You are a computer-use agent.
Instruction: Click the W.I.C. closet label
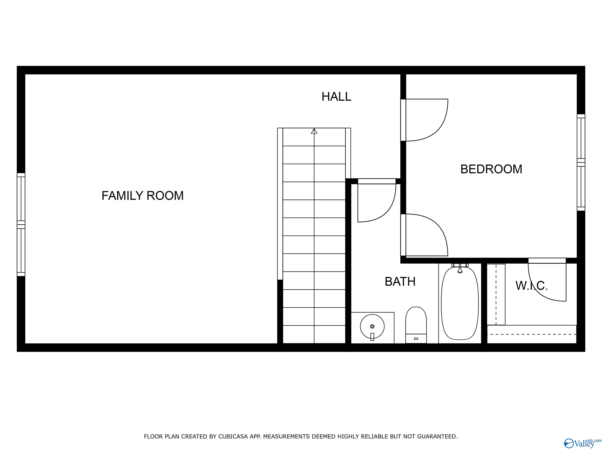(531, 285)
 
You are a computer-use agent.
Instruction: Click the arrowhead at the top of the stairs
(314, 131)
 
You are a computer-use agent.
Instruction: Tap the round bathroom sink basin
(372, 326)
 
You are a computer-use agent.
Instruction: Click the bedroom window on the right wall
(581, 162)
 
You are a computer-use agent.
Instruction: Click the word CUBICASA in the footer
(233, 437)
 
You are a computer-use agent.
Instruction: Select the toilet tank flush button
(416, 339)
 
